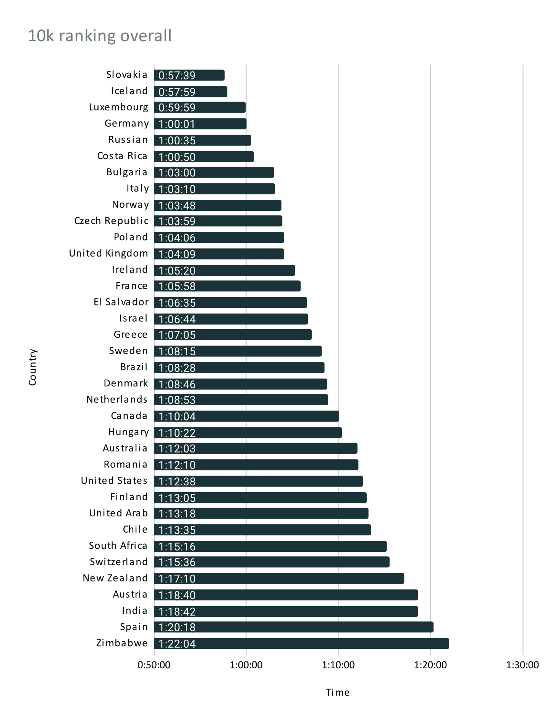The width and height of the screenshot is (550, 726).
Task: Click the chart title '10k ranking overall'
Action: (x=100, y=36)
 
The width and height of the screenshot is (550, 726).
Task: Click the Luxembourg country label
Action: (x=118, y=107)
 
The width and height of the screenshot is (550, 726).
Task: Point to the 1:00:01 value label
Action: (x=177, y=124)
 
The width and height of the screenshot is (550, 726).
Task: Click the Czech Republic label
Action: (x=111, y=221)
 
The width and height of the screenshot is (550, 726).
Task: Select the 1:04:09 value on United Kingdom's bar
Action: (x=177, y=254)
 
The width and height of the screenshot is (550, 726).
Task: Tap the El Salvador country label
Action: (x=121, y=302)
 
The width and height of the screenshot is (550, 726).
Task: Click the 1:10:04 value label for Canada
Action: (x=177, y=416)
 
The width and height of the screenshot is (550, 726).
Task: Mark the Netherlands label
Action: (x=116, y=399)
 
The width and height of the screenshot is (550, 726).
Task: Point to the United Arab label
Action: (x=118, y=513)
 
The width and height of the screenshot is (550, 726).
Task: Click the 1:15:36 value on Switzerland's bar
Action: (x=177, y=562)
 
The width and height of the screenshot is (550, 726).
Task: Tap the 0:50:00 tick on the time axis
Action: (x=154, y=665)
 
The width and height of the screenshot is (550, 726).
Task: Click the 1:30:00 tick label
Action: (x=522, y=665)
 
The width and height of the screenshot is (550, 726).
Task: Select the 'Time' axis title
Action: (x=338, y=692)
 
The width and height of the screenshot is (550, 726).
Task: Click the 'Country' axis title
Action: (x=32, y=367)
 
